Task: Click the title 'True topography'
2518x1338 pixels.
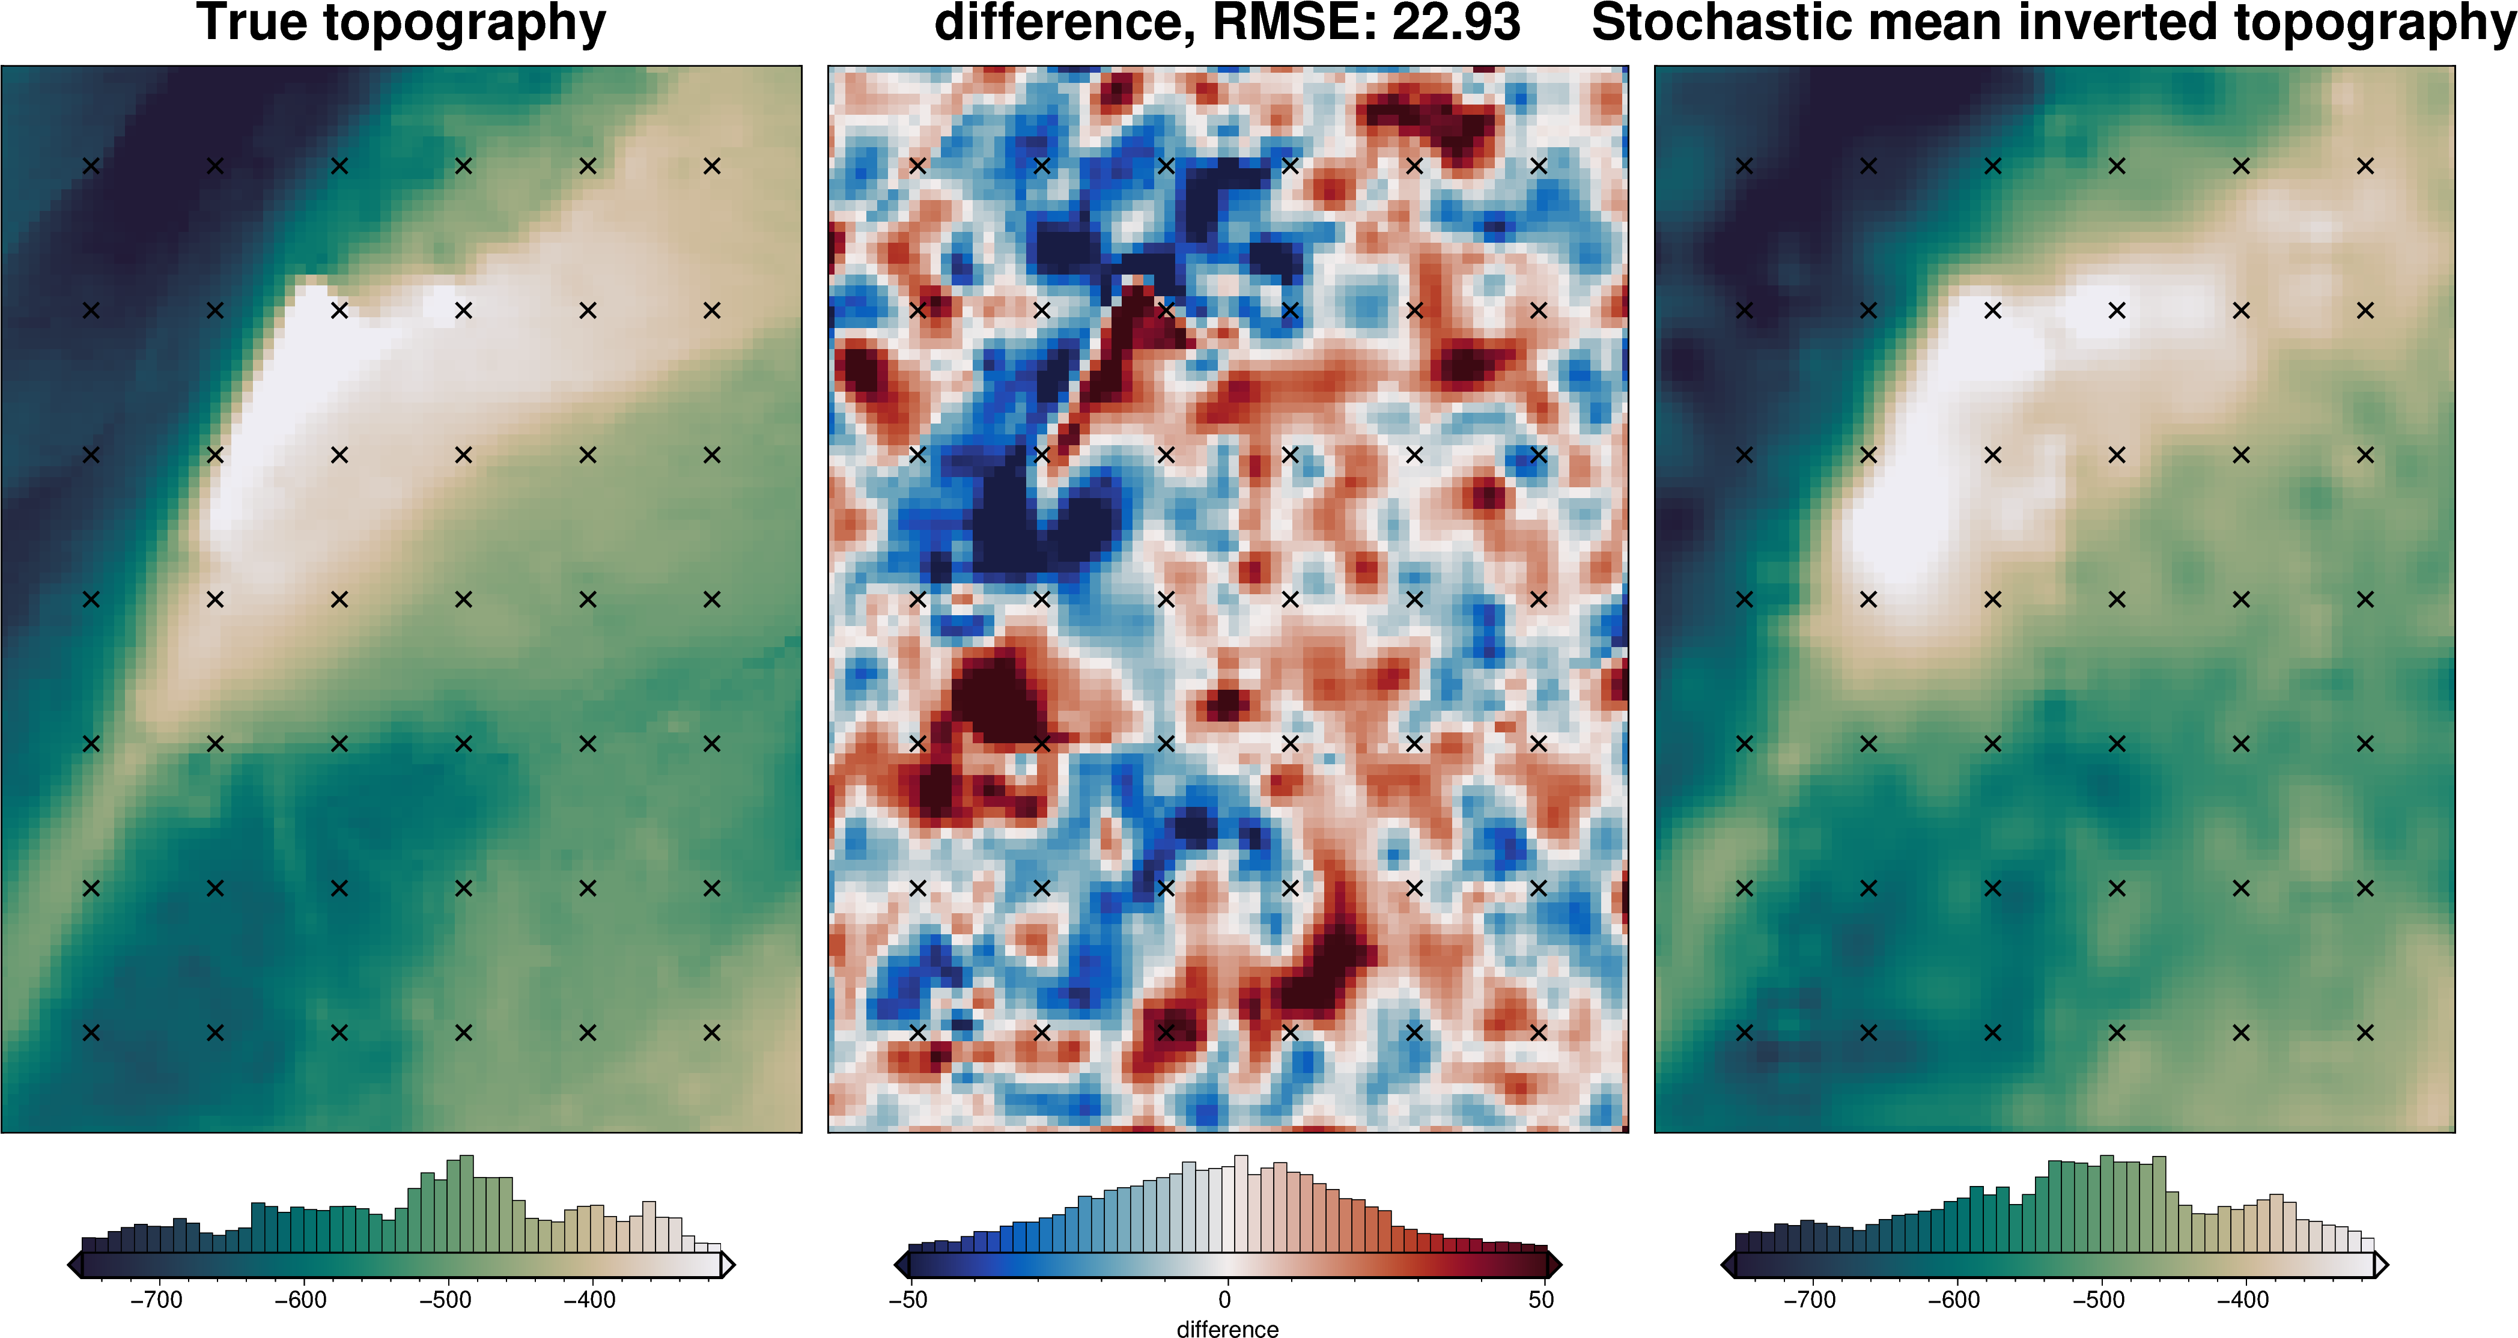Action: (x=401, y=23)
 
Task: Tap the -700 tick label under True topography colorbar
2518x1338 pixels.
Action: (x=156, y=1300)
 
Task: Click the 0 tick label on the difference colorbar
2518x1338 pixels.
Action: (x=1225, y=1300)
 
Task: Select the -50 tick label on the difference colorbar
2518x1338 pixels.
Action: (x=908, y=1300)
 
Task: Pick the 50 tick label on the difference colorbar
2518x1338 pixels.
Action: (x=1542, y=1300)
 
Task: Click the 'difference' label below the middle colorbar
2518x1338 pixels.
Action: (x=1227, y=1328)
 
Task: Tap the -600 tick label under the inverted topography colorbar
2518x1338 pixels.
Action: (x=1953, y=1300)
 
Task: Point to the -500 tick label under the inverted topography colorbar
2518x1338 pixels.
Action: (x=2097, y=1300)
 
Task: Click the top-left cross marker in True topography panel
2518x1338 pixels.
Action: (x=91, y=166)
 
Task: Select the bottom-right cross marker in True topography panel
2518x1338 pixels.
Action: (x=711, y=1032)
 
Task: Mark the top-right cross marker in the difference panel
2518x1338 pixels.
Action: (x=1539, y=166)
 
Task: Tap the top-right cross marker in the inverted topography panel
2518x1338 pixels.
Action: (x=2365, y=166)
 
